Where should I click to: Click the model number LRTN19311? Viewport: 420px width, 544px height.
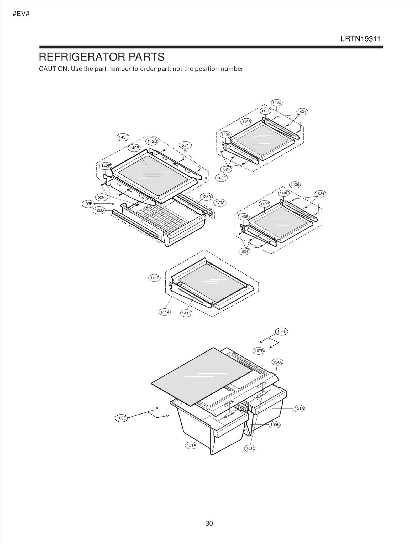(360, 39)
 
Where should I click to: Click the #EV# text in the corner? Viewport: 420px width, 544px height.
(21, 14)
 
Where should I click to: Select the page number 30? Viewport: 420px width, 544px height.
(209, 523)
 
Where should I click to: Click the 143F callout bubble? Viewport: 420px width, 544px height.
(123, 137)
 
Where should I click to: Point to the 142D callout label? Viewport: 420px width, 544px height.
(152, 141)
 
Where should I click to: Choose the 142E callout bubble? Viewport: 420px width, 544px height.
(106, 166)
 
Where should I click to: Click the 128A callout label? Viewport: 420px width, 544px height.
(206, 196)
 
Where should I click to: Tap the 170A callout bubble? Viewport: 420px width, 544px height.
(220, 203)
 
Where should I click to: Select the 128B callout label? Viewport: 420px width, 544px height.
(99, 210)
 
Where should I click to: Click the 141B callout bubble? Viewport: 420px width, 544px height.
(154, 278)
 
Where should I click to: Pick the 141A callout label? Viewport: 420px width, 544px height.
(165, 312)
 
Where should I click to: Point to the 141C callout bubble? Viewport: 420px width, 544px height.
(186, 313)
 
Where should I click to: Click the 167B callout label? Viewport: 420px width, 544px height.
(259, 351)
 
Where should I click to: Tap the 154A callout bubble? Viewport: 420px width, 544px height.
(277, 362)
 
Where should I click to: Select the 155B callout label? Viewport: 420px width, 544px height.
(275, 424)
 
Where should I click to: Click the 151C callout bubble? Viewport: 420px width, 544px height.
(250, 448)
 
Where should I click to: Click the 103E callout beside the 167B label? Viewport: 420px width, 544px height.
(281, 331)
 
